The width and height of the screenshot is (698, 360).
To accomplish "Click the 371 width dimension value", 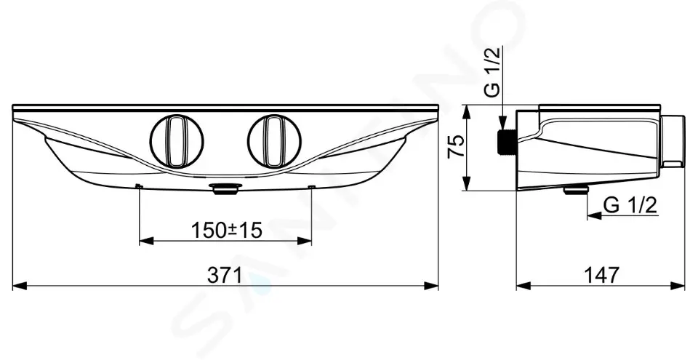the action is tap(225, 276).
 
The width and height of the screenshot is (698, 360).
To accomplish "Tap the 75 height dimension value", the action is tap(456, 147).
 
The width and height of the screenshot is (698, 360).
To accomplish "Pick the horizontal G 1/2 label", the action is tap(631, 205).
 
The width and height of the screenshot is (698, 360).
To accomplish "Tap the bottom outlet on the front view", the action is tap(227, 189).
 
